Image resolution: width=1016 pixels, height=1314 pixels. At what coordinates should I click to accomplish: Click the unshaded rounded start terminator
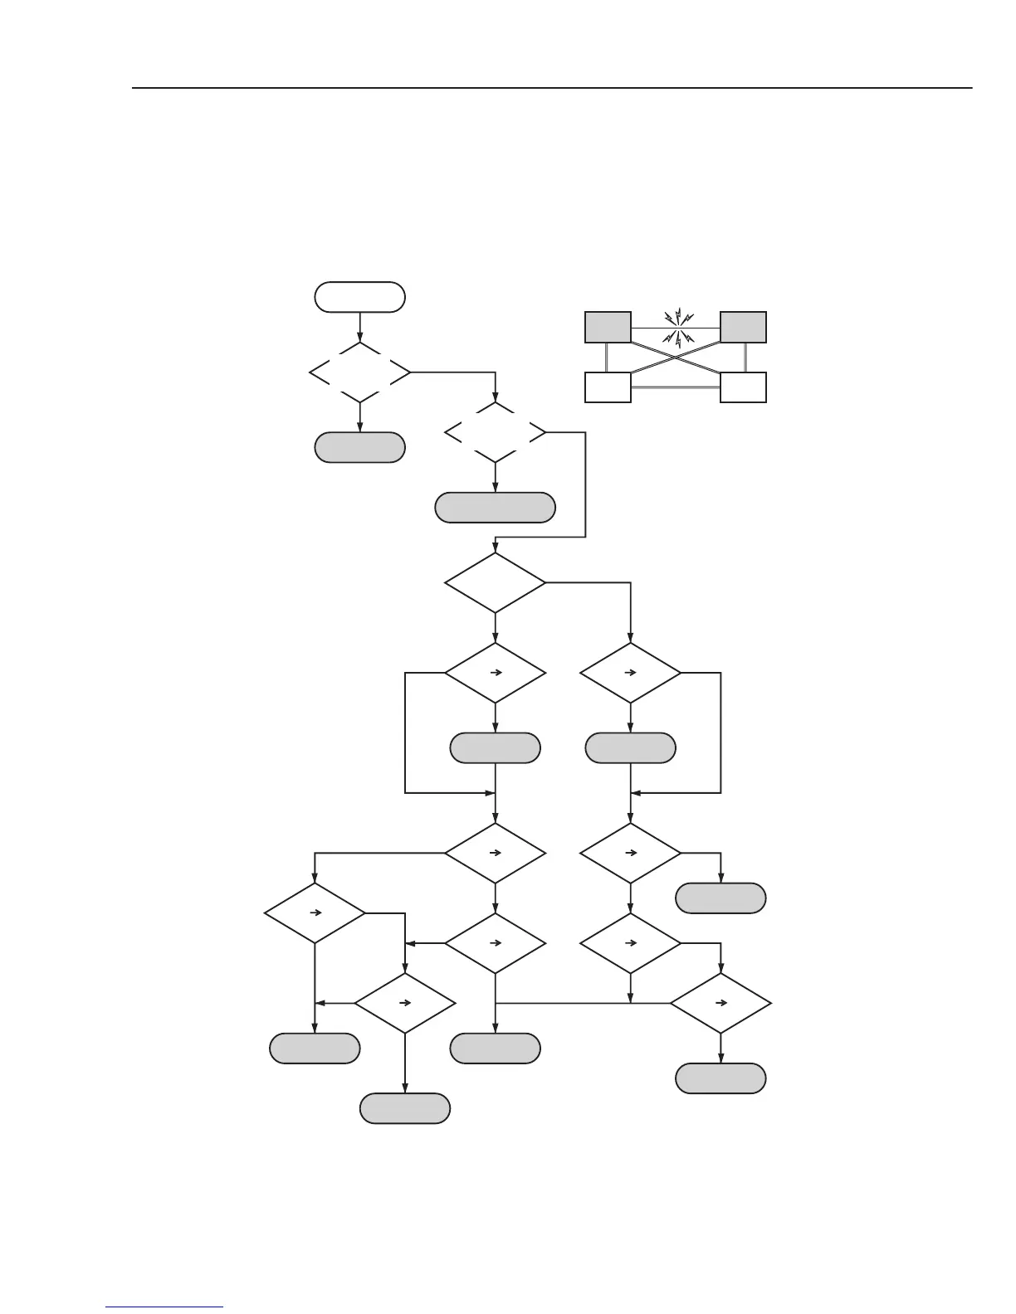pos(359,297)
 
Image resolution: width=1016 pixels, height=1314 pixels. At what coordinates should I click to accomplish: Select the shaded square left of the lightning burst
pos(608,327)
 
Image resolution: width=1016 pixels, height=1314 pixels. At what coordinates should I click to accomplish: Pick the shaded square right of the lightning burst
pos(743,327)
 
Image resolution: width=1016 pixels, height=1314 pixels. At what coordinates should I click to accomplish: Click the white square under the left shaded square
pos(608,387)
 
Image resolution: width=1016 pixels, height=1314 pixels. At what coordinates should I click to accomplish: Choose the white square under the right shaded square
pos(743,387)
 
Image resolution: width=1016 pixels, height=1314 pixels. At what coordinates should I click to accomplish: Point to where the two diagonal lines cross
pos(676,357)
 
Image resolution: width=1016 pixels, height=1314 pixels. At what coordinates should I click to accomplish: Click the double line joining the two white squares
pos(676,387)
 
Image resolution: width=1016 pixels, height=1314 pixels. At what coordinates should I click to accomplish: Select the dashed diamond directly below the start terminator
pos(359,372)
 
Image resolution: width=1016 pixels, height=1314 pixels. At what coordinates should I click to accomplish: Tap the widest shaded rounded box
pos(495,508)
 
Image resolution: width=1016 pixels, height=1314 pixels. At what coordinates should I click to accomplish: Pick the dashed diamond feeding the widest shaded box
pos(495,432)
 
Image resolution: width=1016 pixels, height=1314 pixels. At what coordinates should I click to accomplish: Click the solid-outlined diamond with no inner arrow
pos(495,582)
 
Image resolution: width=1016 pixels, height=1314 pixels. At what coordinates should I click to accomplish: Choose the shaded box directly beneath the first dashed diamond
pos(359,447)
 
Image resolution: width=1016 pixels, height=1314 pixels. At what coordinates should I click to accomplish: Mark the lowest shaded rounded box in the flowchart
pos(405,1108)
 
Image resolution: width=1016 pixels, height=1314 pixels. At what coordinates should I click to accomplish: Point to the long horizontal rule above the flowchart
pos(552,87)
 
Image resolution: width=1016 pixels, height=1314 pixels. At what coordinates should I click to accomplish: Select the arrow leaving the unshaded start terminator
pos(359,326)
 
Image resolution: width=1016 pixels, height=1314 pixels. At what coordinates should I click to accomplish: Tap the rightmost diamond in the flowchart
pos(720,1003)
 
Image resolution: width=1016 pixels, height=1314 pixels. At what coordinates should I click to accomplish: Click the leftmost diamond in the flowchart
pos(315,912)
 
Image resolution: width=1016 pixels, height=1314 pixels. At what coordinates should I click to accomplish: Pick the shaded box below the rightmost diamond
pos(720,1078)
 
